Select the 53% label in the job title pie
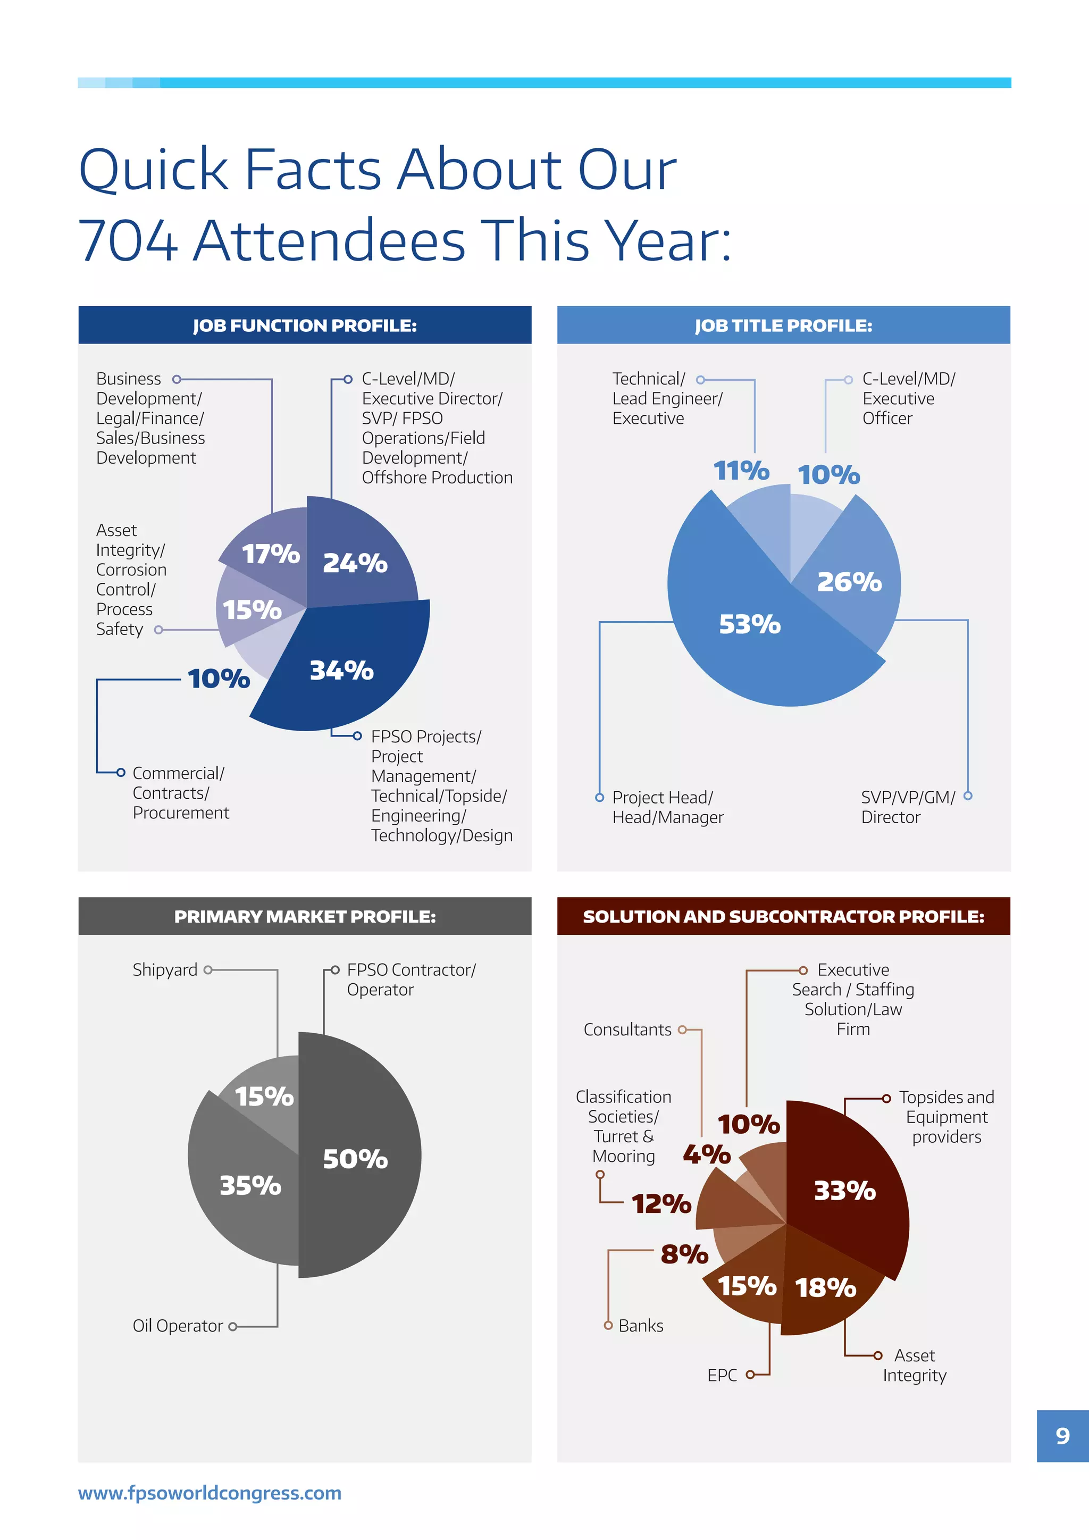tap(750, 624)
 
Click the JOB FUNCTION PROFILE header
tap(305, 325)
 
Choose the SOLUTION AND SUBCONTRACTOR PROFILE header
tap(783, 916)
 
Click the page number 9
tap(1062, 1435)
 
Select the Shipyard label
tap(165, 970)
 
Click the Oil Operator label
tap(178, 1326)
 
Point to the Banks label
tap(640, 1326)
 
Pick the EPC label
tap(722, 1376)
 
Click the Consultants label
tap(627, 1030)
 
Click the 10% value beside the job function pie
tap(219, 679)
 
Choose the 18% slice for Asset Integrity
tap(825, 1288)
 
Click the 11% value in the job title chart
tap(741, 471)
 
